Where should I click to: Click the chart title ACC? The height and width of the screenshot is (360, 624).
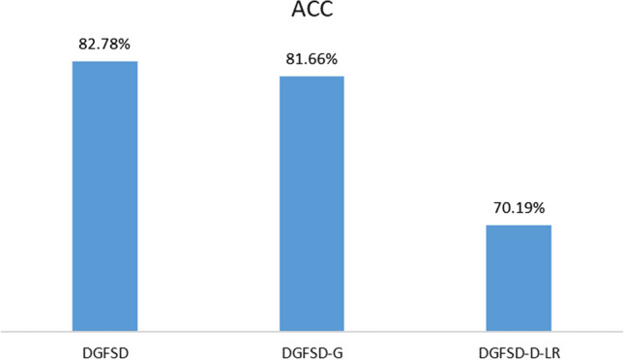[x=312, y=14]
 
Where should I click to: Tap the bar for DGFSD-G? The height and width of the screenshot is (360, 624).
[x=312, y=203]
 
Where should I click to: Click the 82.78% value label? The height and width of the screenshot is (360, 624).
[x=104, y=44]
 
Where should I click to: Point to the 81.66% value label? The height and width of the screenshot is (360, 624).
[x=312, y=59]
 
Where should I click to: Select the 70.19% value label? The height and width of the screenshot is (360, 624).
[x=519, y=208]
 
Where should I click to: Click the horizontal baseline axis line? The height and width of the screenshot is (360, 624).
[x=312, y=330]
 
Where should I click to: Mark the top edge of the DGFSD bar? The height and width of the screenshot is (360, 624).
[x=104, y=62]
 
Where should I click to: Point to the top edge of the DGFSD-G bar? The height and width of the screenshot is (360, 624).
[x=312, y=76]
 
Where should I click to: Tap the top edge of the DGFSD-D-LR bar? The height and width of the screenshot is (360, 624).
[x=519, y=225]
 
